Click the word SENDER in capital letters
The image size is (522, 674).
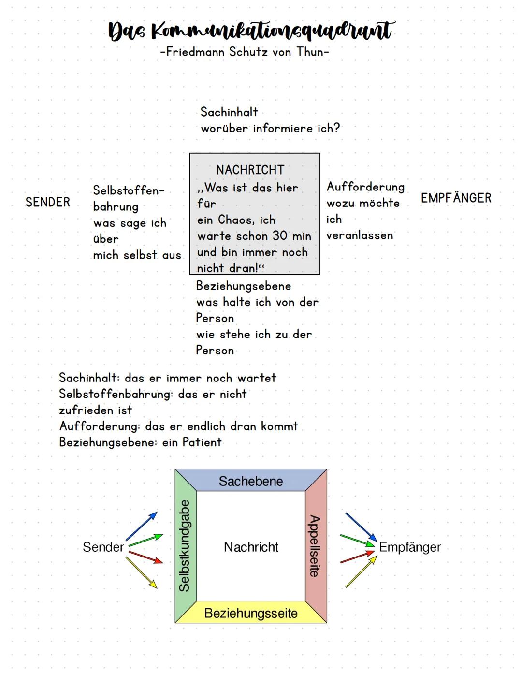pyautogui.click(x=48, y=202)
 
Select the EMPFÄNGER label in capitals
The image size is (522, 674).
pyautogui.click(x=456, y=198)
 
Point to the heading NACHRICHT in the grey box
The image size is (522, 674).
pyautogui.click(x=250, y=170)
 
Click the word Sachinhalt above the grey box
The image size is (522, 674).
pyautogui.click(x=229, y=112)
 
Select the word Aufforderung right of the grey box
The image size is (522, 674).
pyautogui.click(x=365, y=187)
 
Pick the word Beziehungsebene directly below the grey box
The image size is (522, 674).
pyautogui.click(x=244, y=286)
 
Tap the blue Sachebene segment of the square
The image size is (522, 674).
pyautogui.click(x=251, y=481)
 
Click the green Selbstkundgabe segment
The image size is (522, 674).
pyautogui.click(x=186, y=546)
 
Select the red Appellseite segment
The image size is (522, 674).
pyautogui.click(x=316, y=546)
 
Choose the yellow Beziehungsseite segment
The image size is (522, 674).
pyautogui.click(x=251, y=613)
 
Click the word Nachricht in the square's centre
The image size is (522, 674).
pyautogui.click(x=251, y=547)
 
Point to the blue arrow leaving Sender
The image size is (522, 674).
pyautogui.click(x=141, y=526)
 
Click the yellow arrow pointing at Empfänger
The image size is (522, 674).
pyautogui.click(x=361, y=572)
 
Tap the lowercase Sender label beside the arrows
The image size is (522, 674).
pyautogui.click(x=103, y=547)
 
